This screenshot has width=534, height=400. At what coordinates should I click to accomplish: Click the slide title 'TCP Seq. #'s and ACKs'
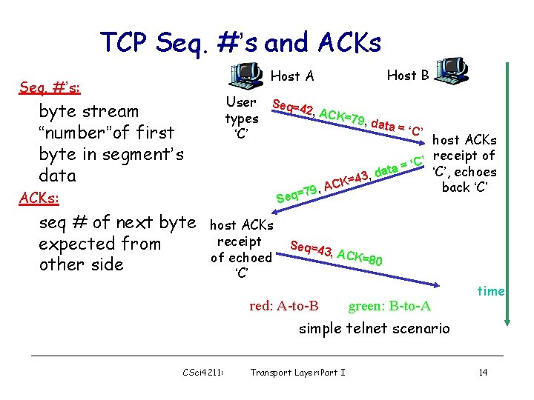[x=240, y=43]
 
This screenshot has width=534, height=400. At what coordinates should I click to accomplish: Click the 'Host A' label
[x=292, y=76]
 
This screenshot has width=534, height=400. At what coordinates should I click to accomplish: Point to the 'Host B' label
[x=408, y=75]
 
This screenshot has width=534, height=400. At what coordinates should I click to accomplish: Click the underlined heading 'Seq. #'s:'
[x=50, y=89]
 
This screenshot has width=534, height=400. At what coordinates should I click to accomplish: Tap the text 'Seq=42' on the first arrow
[x=294, y=109]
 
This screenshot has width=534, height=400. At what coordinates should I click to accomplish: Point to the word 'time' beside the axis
[x=490, y=291]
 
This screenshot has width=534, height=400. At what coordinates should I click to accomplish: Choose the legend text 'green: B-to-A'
[x=389, y=306]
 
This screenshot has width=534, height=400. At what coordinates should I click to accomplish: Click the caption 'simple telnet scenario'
[x=374, y=328]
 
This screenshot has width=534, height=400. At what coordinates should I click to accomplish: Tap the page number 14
[x=483, y=372]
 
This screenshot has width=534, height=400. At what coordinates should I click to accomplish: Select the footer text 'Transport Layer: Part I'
[x=298, y=372]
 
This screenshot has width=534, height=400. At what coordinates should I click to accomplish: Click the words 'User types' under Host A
[x=241, y=110]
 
